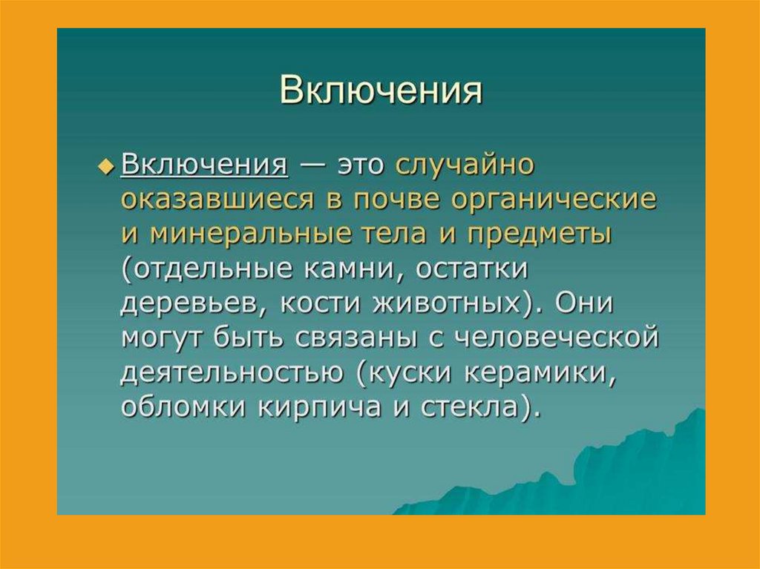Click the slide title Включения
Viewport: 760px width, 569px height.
pos(381,91)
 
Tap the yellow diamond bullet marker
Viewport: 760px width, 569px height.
pos(104,166)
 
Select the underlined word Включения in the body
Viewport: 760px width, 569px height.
pos(205,165)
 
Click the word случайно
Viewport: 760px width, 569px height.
pos(465,165)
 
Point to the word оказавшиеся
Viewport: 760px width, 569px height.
pos(217,200)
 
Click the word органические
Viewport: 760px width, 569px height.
pos(554,200)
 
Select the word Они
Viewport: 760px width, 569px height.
pos(584,304)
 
